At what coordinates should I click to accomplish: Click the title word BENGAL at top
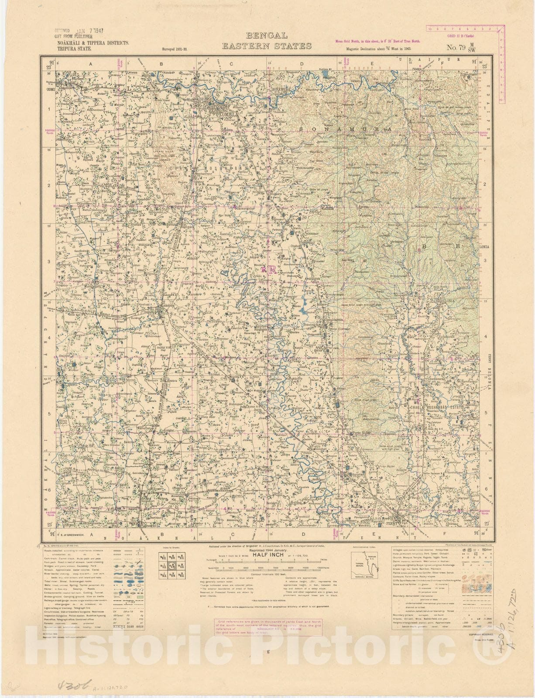point(267,36)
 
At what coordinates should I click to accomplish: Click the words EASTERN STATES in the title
point(267,46)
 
